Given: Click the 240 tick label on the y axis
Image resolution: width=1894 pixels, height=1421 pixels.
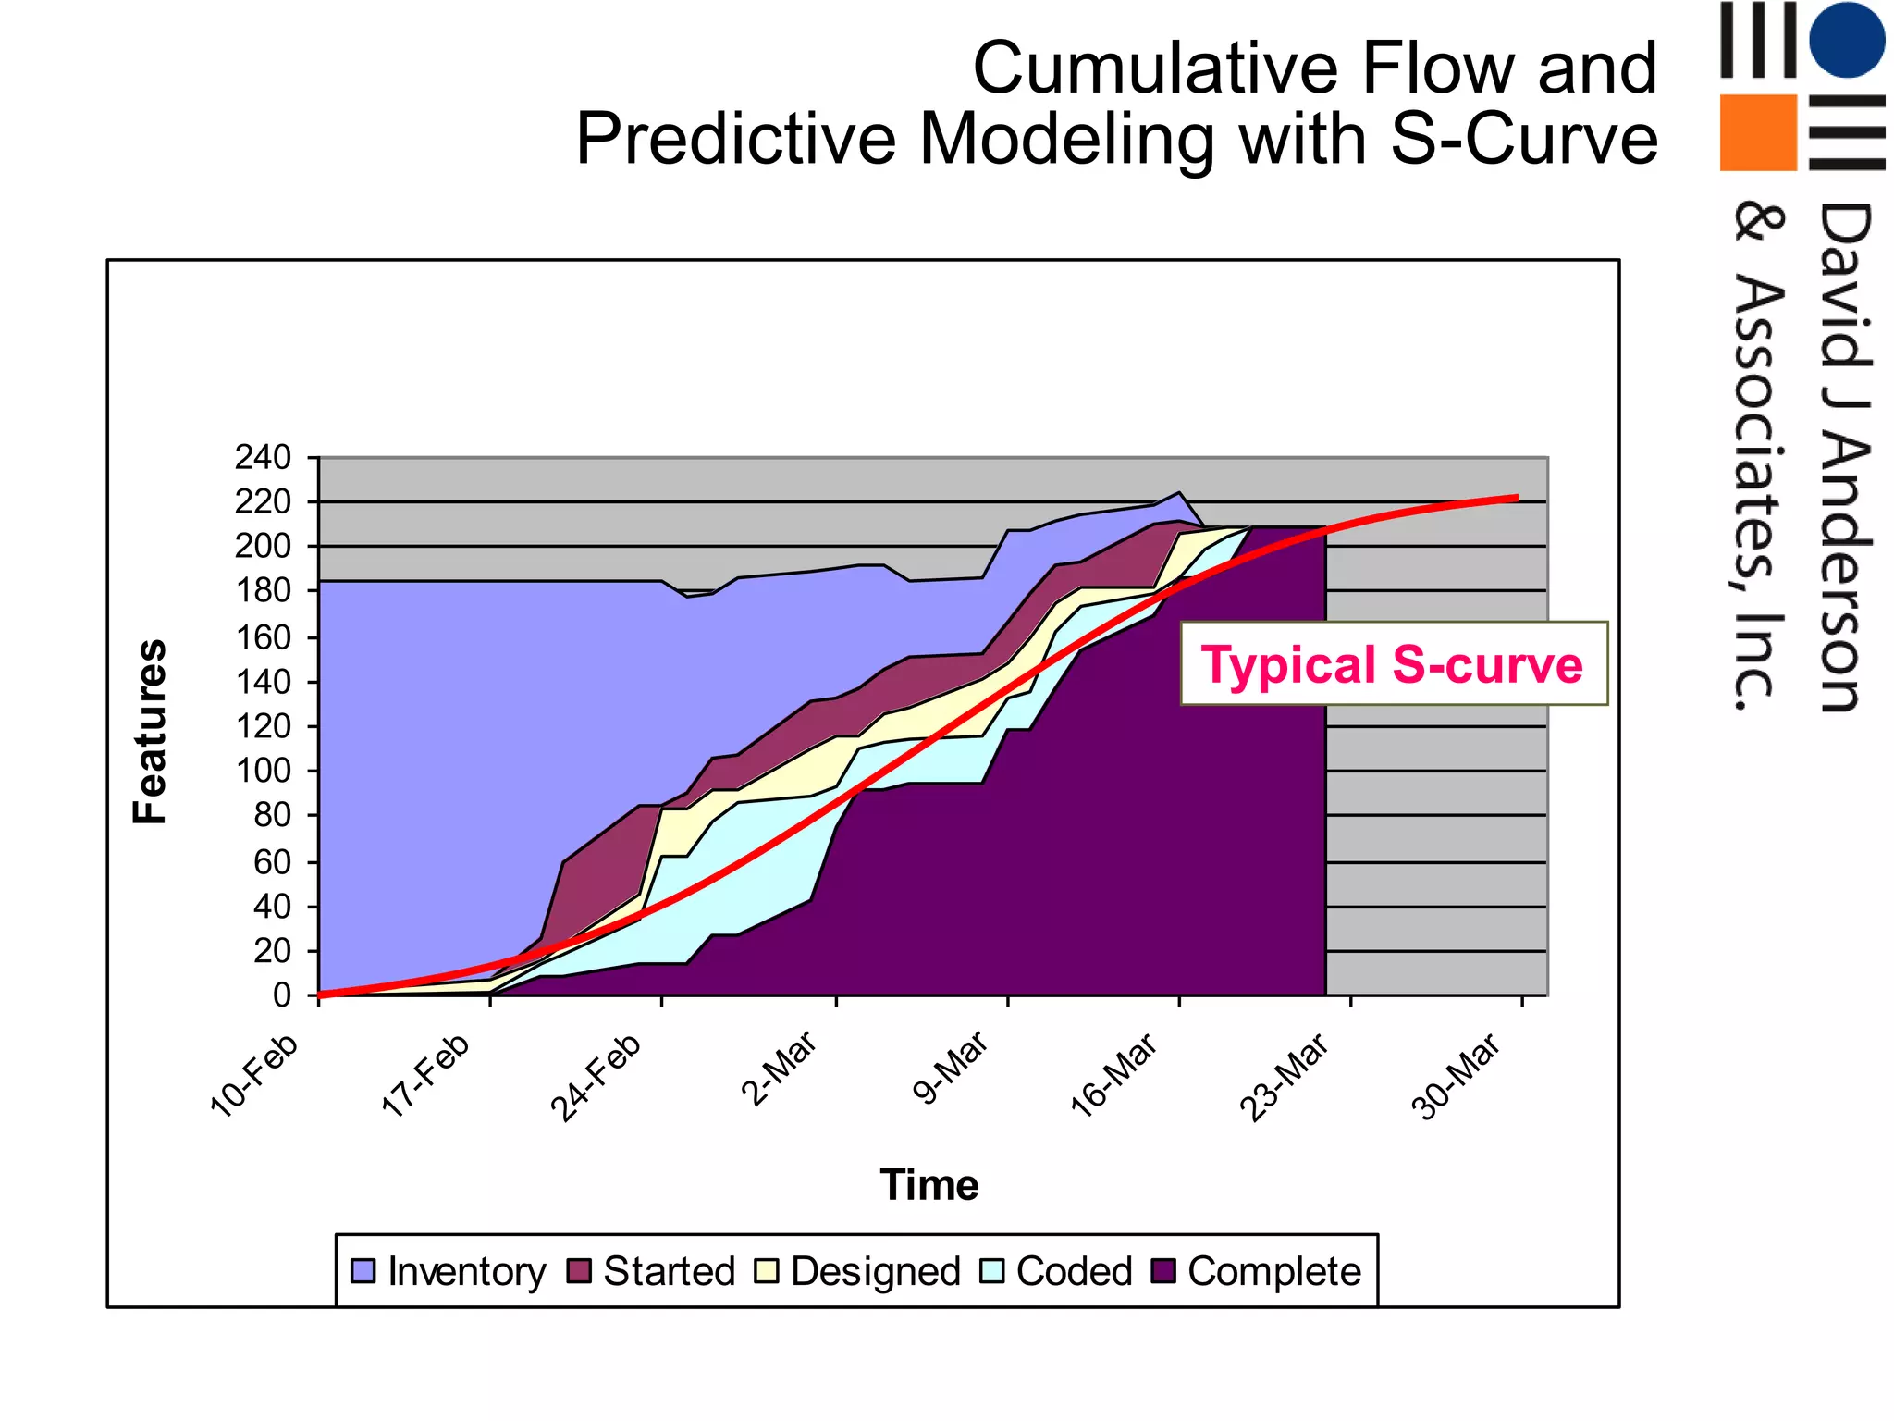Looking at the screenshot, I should (263, 457).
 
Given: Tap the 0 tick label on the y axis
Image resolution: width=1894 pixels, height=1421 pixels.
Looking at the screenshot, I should (281, 995).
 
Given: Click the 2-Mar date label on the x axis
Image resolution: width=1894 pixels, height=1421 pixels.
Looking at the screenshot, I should (779, 1069).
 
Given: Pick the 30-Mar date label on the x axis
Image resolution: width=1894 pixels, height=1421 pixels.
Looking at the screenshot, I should (1456, 1079).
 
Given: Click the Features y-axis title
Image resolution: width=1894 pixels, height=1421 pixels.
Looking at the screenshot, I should (150, 731).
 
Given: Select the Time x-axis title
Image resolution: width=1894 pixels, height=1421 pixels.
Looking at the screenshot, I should (929, 1185).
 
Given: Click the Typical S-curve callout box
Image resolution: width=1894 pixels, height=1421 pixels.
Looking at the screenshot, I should (1393, 664).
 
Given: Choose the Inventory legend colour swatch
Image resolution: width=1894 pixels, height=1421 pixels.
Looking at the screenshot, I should (363, 1270).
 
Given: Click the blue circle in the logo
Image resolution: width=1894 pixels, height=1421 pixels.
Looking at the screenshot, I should (1847, 39).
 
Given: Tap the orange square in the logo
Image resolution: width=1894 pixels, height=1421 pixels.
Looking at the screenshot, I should (1758, 132).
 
